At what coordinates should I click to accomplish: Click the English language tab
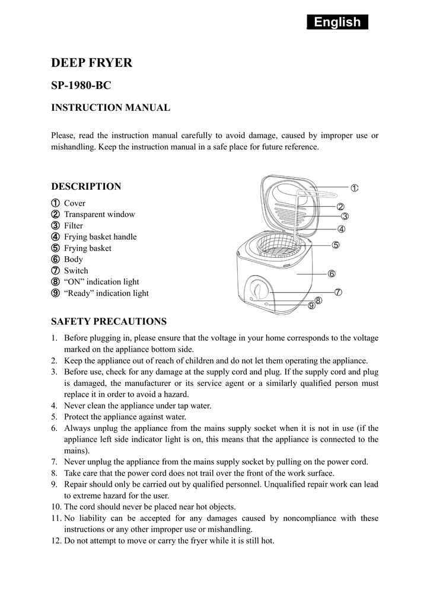coord(337,23)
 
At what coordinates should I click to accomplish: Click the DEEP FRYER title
coord(91,63)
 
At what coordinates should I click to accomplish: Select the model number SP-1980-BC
coord(81,85)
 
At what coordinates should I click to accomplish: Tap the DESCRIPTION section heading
coord(86,186)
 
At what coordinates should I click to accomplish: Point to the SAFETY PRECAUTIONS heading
coord(109,321)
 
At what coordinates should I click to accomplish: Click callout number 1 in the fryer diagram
coord(354,188)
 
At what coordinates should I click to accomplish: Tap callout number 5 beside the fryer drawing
coord(336,245)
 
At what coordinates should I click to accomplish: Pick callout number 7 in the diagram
coord(337,292)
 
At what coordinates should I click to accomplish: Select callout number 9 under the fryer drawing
coord(311,306)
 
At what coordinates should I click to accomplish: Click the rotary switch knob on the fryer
coord(259,291)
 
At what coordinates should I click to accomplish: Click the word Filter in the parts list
coord(74,226)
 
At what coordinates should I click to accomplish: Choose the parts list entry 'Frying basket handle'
coord(100,237)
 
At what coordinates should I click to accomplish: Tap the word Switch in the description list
coord(76,271)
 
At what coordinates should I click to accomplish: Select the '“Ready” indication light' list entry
coord(106,293)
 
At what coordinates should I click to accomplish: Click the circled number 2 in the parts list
coord(55,215)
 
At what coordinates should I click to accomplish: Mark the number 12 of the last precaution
coord(56,541)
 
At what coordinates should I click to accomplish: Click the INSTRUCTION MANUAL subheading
coord(110,107)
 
